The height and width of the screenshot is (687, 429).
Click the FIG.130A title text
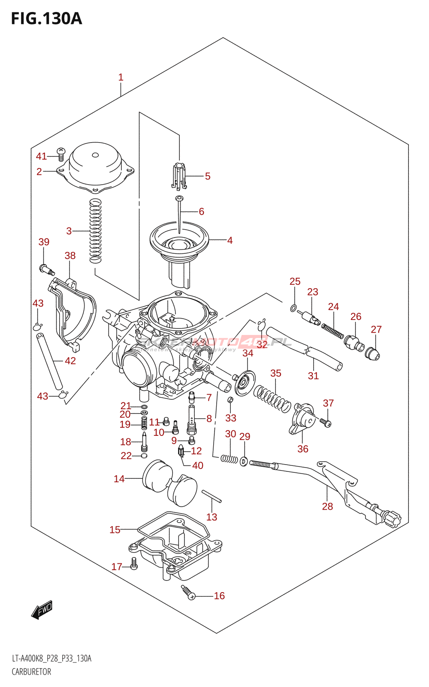coord(46,19)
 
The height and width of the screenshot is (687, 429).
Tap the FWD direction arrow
coord(42,609)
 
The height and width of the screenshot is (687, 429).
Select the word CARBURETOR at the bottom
coord(31,672)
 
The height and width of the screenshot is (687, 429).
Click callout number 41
coord(41,156)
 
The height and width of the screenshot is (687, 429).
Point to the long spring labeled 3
coord(95,231)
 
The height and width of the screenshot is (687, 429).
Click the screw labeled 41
coord(61,154)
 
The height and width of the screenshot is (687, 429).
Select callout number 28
coord(327,507)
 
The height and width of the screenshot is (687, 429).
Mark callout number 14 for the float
coord(119,479)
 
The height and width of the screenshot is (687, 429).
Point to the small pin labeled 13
coord(211,496)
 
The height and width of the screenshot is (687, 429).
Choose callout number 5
coord(208,176)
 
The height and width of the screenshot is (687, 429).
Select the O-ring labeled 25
coord(293,307)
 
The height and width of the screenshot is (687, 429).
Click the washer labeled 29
coord(244,462)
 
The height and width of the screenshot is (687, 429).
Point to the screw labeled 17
coord(134,564)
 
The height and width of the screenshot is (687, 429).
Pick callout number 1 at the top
coord(121,77)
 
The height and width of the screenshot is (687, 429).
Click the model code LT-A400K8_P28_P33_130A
coord(51,659)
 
